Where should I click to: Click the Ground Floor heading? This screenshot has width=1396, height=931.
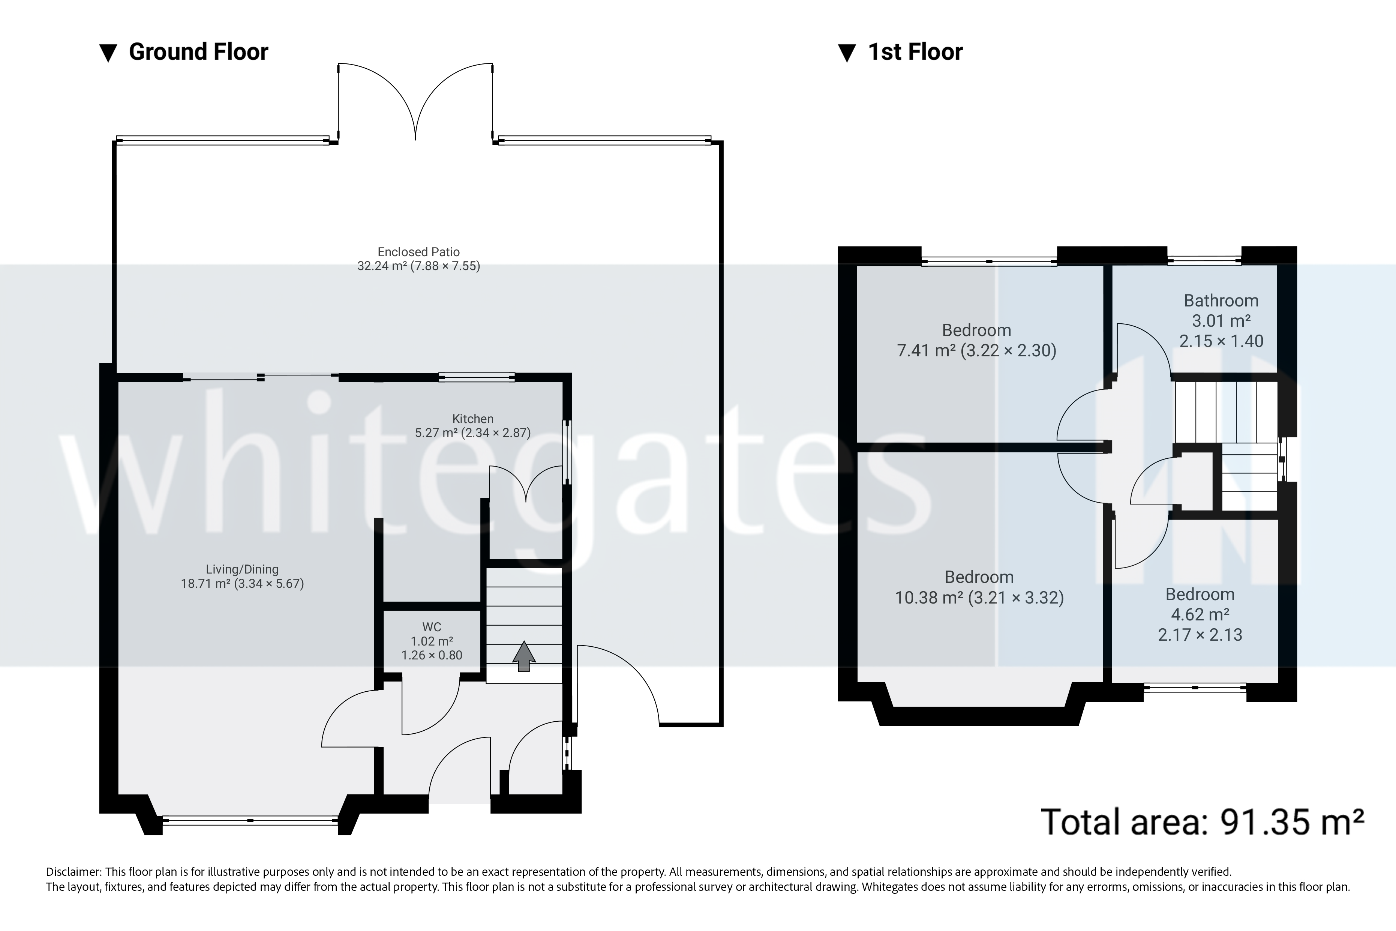point(198,52)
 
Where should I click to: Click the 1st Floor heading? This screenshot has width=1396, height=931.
point(915,52)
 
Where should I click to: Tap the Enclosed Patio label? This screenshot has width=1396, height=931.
point(418,259)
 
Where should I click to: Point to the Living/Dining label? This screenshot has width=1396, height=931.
point(242,576)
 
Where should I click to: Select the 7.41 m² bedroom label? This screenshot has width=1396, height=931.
point(976,340)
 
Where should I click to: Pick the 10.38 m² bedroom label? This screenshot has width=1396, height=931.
point(979,587)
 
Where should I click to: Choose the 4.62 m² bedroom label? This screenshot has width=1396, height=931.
point(1200,614)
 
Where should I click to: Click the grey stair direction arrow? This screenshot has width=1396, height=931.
point(523,656)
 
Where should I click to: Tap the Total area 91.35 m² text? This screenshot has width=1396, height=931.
point(1202,822)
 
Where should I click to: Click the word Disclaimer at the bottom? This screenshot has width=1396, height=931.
point(73,872)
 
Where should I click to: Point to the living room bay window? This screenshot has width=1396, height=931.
point(250,821)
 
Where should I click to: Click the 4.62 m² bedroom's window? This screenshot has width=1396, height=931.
point(1195,688)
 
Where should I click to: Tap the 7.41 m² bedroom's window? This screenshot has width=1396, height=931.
point(989,260)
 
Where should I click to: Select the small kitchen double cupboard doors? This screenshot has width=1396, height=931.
point(526,482)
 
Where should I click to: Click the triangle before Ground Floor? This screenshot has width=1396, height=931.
point(108,53)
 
